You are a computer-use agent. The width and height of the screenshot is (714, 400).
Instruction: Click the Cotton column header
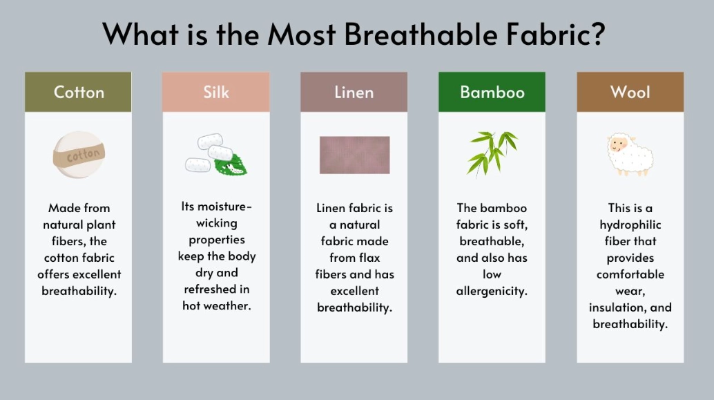[x=78, y=92]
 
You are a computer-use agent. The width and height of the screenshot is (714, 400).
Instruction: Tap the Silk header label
[x=216, y=92]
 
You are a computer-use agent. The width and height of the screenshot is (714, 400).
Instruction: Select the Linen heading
[x=354, y=92]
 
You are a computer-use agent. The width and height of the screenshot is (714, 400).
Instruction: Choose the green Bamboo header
[x=492, y=92]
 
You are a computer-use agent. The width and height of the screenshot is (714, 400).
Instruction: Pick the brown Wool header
[x=630, y=92]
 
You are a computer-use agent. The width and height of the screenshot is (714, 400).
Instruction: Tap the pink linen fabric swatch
[x=354, y=155]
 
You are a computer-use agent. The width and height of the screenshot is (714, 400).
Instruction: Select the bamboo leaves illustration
[x=492, y=153]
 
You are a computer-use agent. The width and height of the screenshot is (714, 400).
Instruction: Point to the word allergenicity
[x=492, y=291]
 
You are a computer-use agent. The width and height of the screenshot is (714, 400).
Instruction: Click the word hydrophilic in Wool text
[x=630, y=225]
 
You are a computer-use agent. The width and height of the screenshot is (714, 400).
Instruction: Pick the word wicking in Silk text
[x=216, y=222]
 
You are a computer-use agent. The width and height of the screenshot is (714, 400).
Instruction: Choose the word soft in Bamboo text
[x=514, y=225]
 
